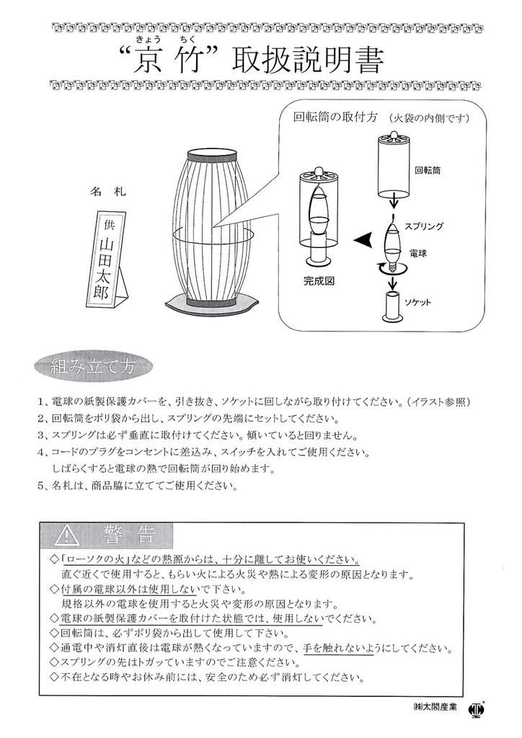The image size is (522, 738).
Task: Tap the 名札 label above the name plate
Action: [x=108, y=192]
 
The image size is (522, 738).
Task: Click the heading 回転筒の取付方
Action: [x=336, y=118]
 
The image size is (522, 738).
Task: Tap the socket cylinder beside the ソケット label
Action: [x=391, y=308]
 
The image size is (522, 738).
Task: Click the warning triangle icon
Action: [x=66, y=534]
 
